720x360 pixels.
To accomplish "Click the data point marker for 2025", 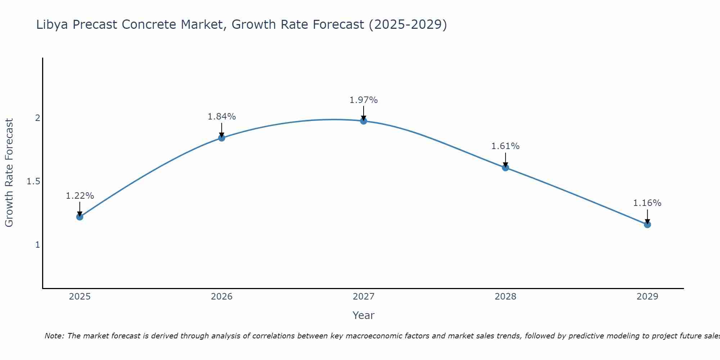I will (80, 217).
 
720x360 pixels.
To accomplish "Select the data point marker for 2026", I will (221, 138).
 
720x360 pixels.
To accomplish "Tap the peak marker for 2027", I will (364, 121).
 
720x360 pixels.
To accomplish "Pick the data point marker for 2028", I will (505, 167).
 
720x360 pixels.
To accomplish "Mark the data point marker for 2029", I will (647, 225).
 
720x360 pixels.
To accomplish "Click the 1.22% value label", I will (80, 196).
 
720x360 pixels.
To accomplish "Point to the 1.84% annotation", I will (221, 117).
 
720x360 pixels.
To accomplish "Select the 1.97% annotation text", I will (364, 100).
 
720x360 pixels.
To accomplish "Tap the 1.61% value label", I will (505, 146).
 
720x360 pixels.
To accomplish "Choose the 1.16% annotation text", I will (647, 203).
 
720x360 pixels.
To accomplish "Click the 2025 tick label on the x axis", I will (80, 297).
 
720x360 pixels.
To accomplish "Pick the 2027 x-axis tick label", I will (364, 297).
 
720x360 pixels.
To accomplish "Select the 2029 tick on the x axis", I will (647, 297).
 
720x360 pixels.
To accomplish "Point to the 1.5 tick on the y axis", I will (33, 181).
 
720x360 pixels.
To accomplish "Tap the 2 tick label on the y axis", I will (37, 118).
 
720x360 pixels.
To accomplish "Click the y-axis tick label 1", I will (37, 245).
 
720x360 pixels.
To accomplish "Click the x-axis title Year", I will (364, 315).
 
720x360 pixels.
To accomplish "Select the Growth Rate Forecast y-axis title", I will (9, 173).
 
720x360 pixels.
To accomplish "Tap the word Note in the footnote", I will (54, 336).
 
